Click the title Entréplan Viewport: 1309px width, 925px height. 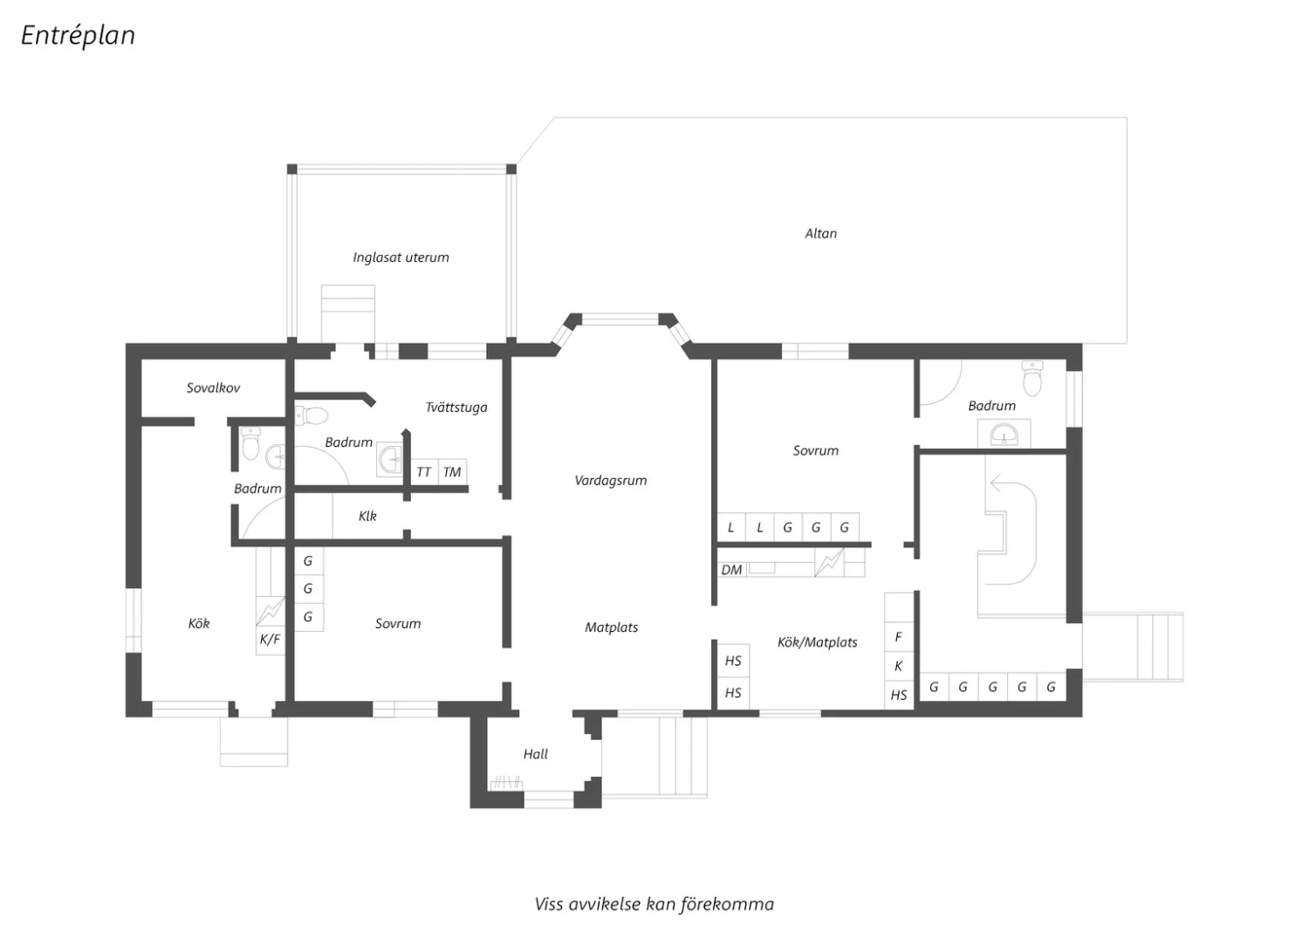coord(79,36)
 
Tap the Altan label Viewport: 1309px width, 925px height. coord(820,234)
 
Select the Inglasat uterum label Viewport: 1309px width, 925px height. coord(401,257)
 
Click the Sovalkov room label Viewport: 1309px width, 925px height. coord(213,388)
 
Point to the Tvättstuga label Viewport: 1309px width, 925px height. coord(456,408)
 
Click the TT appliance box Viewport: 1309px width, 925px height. coord(423,472)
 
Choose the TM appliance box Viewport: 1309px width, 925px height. coord(452,472)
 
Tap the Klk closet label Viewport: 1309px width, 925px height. coord(367,516)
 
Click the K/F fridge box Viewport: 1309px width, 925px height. coord(270,640)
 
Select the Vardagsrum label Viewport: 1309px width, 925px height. coord(611,481)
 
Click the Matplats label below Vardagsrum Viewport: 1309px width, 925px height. coord(611,627)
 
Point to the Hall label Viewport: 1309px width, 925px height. coord(535,754)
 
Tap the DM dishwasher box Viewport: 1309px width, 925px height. coord(731,570)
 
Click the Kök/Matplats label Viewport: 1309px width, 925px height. coord(817,643)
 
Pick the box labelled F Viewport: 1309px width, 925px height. coord(899,637)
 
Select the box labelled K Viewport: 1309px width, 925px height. coord(899,666)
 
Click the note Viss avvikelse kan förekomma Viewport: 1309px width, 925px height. coord(654,905)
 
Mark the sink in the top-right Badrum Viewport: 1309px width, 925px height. coord(1004,435)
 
